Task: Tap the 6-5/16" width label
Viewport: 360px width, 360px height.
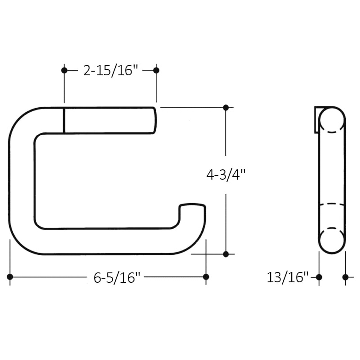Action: point(117,278)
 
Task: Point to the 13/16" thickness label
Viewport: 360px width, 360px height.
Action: point(287,278)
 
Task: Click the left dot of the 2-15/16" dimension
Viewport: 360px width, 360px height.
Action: point(64,70)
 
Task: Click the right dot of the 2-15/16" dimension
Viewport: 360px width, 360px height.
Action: point(156,70)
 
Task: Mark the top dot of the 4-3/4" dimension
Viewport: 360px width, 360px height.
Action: point(226,107)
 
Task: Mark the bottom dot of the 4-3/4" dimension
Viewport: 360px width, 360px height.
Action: point(226,254)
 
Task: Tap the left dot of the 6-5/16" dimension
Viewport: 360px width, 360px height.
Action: point(10,277)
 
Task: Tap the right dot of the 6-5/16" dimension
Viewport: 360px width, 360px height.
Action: point(206,277)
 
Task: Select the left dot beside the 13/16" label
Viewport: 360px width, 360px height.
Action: point(319,277)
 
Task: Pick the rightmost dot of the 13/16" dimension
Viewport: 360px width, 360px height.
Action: point(345,277)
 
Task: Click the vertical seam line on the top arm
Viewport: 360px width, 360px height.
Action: point(64,120)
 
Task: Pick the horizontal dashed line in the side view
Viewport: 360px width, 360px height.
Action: point(332,204)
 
